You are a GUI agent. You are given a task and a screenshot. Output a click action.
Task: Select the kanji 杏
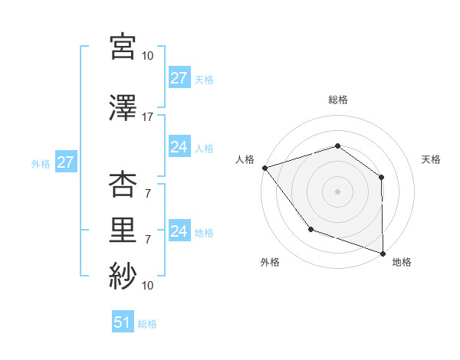coord(123,183)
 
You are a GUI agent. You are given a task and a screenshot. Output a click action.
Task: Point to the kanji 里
coord(123,229)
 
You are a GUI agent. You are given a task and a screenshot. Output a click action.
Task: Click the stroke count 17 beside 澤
coord(148,117)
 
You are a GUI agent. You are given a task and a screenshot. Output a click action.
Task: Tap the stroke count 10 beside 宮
coord(148,56)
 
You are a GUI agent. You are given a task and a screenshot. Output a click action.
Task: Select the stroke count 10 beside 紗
coord(148,286)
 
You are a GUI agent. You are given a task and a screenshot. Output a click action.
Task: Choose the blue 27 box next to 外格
coord(65,162)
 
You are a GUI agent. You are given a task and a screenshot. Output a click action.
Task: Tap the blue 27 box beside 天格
coord(179,78)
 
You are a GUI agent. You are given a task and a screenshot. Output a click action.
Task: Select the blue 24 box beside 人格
coord(179,147)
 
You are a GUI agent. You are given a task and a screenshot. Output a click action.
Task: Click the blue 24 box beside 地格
coord(179,231)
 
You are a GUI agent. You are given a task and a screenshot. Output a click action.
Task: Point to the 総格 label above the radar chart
coord(337,100)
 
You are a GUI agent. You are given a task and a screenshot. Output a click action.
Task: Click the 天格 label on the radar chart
coord(432,159)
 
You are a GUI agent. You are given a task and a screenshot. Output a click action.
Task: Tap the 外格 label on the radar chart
coord(270,262)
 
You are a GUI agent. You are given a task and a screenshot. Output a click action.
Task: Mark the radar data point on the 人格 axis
coord(264,168)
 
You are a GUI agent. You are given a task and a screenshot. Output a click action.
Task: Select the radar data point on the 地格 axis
coord(383,252)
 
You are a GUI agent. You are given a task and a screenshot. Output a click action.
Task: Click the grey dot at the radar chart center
coord(337,191)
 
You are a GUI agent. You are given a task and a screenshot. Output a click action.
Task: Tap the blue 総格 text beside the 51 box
coord(147,324)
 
